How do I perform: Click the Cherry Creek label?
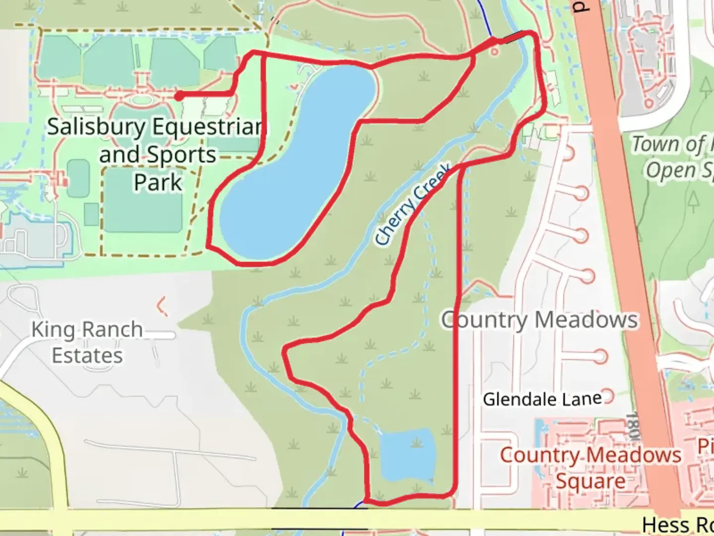coord(413,204)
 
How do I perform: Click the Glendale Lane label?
coord(542,399)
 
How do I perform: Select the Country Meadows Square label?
coord(590,468)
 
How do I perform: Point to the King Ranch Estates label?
coord(87,342)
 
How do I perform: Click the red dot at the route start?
coord(178,96)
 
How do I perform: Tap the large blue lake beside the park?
coord(297,164)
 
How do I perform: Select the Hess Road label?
coord(677,524)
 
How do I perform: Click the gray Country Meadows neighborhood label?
coord(539,320)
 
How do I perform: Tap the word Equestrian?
coord(206,127)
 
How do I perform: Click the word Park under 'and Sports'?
coord(158,182)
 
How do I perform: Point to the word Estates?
coord(87,356)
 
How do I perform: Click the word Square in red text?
coord(590,481)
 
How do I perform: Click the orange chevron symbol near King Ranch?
coord(161,306)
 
